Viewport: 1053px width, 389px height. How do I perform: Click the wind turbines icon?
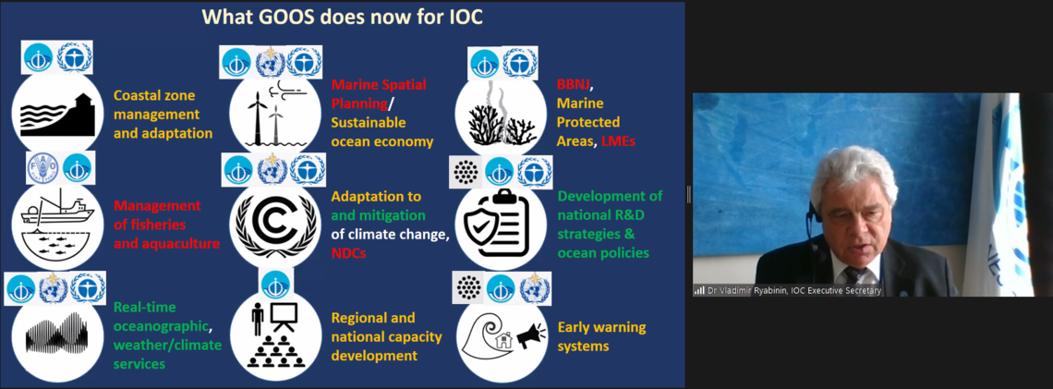click(x=268, y=115)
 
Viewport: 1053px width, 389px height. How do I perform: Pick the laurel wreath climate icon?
click(x=271, y=223)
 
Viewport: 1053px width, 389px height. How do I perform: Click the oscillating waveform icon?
click(x=56, y=334)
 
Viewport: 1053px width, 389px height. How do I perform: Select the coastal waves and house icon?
click(x=57, y=115)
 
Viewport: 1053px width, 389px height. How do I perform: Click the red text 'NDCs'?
click(x=348, y=253)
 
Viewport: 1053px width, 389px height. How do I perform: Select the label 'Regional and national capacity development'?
click(x=386, y=336)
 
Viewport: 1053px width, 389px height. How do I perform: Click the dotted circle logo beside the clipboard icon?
click(x=466, y=172)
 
